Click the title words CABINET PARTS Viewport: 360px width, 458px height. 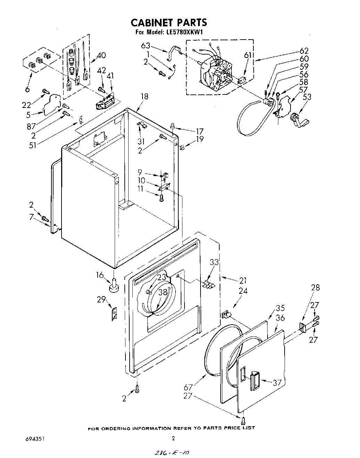(169, 23)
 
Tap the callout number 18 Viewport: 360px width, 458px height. (144, 96)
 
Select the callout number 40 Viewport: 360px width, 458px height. (101, 55)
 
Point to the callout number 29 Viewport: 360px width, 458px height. (101, 299)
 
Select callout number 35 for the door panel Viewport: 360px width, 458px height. (280, 308)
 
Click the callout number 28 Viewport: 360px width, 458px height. (316, 288)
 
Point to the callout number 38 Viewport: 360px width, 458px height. (163, 292)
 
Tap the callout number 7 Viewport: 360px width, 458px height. (32, 217)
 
